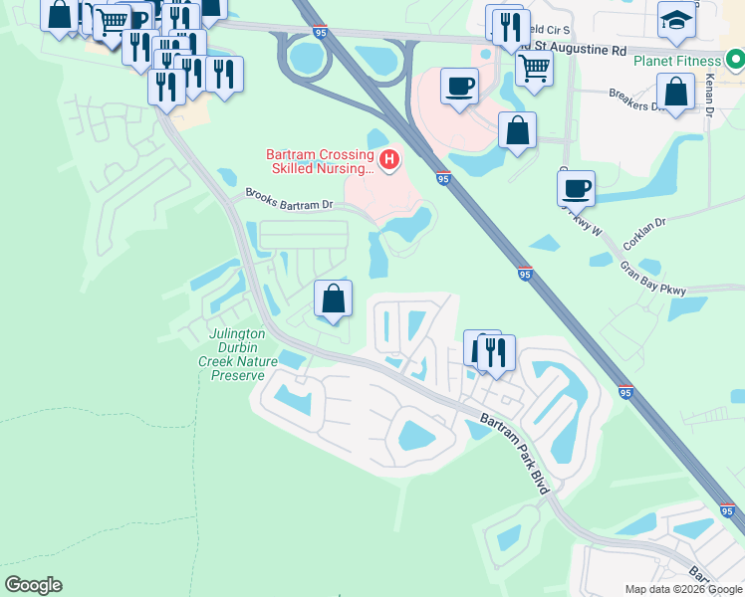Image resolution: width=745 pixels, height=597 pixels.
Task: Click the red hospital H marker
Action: [x=390, y=158]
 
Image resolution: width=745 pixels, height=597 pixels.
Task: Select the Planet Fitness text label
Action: [x=676, y=60]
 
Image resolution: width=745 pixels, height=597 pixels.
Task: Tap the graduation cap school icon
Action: [x=676, y=19]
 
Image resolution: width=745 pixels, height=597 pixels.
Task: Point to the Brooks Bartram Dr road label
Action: [x=289, y=200]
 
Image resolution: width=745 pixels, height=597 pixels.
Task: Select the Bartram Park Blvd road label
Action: [x=513, y=453]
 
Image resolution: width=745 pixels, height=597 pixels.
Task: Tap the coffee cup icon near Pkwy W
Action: [x=576, y=187]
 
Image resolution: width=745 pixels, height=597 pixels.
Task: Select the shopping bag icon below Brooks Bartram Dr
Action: [x=333, y=298]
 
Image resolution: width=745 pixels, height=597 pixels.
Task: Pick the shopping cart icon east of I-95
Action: [x=534, y=68]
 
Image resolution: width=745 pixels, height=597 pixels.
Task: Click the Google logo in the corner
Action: [x=33, y=585]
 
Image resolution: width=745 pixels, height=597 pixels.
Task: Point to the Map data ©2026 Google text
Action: [x=683, y=589]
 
